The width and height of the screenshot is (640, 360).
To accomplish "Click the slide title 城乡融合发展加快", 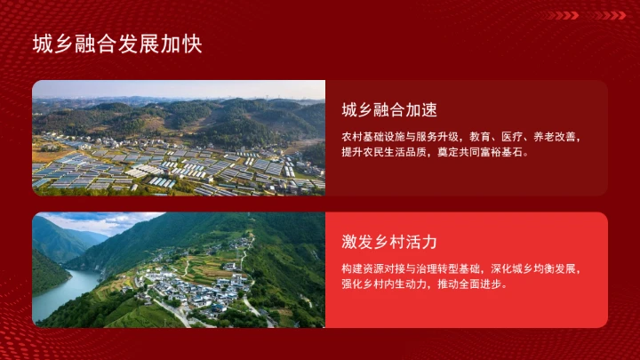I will [x=117, y=44].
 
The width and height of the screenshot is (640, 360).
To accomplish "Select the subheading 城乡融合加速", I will [x=388, y=110].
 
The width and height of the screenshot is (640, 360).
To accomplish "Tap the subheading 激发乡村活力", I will [x=388, y=242].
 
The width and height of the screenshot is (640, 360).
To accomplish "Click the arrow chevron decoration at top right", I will [x=586, y=15].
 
